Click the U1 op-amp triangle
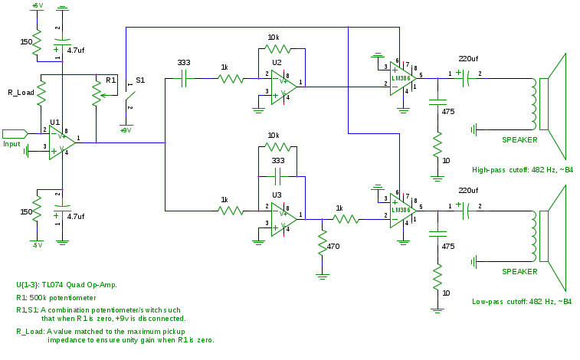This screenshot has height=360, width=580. coord(61,142)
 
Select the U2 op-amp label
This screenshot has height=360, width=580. coord(277,63)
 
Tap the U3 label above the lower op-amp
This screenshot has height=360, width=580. coord(277,195)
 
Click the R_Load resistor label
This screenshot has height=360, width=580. coord(21,93)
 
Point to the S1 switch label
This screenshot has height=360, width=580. coord(140,80)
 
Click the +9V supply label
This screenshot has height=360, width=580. coord(126,130)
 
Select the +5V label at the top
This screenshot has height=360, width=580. coord(38,5)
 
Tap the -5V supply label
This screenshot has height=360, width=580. coord(38,245)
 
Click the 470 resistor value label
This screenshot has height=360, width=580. coord(333,246)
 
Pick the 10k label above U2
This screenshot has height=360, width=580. coord(274,38)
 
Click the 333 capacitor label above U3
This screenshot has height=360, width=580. coord(278,160)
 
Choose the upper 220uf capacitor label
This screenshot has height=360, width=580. coord(468,58)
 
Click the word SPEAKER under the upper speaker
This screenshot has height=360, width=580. coord(519,139)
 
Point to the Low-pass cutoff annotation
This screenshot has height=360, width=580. coord(522,302)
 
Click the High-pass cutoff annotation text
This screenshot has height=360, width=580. coord(523,170)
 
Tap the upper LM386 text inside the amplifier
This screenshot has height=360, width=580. coord(401,78)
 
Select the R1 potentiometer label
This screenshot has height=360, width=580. coord(110,80)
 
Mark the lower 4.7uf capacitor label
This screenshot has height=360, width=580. coord(75,216)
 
